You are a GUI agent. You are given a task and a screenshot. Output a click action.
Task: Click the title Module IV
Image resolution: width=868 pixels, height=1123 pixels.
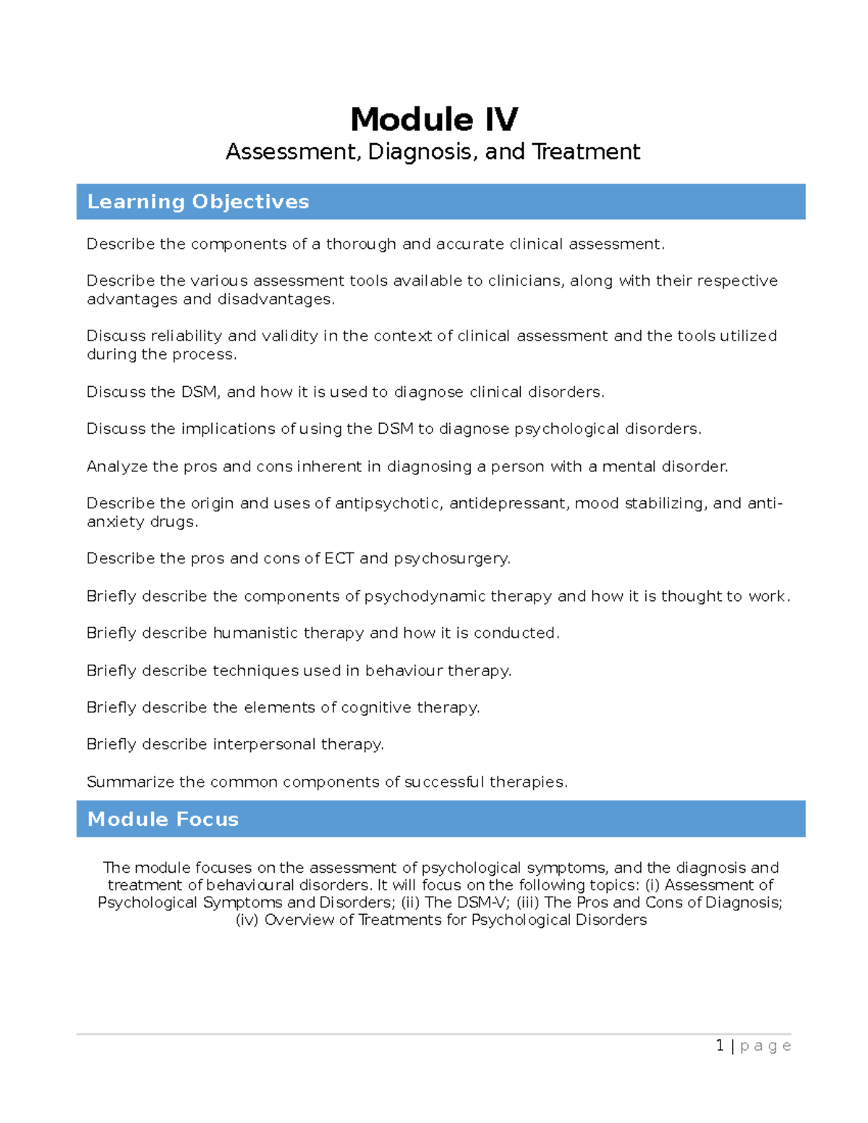pos(434,119)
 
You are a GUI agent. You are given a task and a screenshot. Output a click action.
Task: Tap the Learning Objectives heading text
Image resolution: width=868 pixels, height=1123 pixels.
pos(197,202)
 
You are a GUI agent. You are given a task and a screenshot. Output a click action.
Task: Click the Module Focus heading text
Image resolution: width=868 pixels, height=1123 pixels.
pos(163,819)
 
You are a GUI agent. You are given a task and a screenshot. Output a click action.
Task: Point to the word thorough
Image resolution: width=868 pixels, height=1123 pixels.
pos(361,244)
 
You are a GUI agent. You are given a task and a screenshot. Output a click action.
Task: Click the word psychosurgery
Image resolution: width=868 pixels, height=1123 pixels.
pos(452,559)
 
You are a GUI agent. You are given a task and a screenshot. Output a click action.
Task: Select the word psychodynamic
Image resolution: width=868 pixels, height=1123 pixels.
pos(425,597)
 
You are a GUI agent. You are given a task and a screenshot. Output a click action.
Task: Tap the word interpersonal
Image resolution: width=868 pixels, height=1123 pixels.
pos(264,745)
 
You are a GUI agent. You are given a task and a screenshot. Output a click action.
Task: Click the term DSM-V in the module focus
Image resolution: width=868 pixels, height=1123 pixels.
pos(488,902)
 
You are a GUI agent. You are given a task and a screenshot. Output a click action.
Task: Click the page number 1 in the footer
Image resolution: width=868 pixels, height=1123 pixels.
pos(720,1046)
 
